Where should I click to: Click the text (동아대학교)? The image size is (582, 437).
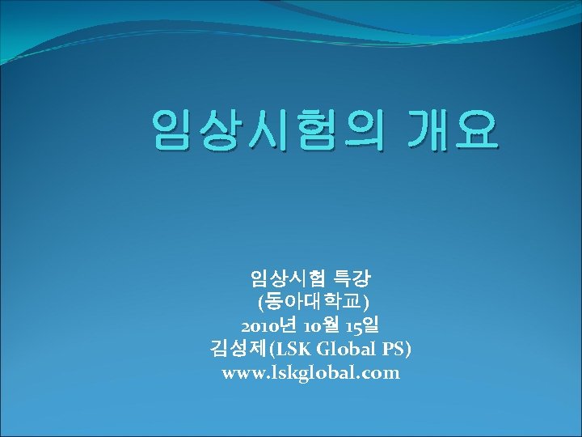click(x=310, y=303)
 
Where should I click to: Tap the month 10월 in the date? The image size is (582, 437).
click(x=319, y=326)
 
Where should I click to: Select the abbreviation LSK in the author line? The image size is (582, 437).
click(x=297, y=350)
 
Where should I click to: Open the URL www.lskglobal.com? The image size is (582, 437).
click(x=310, y=373)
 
